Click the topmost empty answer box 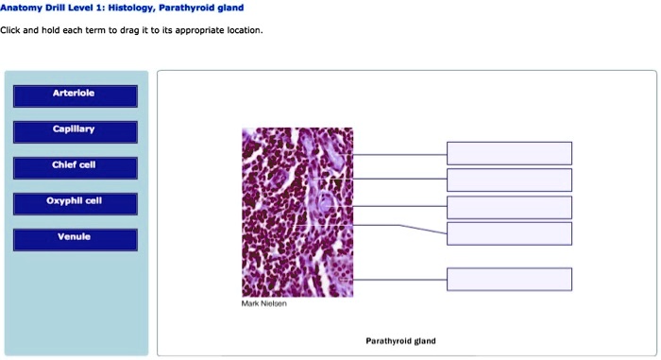click(509, 153)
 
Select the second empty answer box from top click(509, 180)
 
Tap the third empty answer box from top click(509, 207)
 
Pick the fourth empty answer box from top click(509, 233)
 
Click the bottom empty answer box click(509, 279)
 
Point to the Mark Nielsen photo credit click(263, 304)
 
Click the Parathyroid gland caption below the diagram click(400, 341)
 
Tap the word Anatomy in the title click(24, 8)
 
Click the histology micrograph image click(297, 213)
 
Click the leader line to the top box click(399, 153)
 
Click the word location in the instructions click(241, 30)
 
